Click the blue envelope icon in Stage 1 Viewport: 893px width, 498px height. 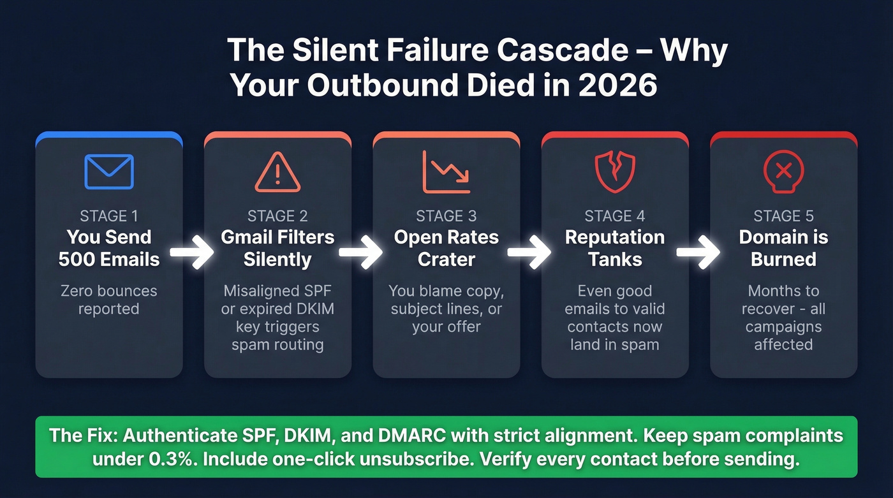[109, 171]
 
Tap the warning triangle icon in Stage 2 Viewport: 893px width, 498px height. [277, 172]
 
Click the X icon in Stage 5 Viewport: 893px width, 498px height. [783, 171]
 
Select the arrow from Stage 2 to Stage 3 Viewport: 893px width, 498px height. [361, 253]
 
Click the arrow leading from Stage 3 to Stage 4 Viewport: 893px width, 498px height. [529, 253]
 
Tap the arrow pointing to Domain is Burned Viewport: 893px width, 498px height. [698, 253]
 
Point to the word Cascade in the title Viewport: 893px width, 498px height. [547, 50]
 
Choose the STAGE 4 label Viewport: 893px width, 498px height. [615, 216]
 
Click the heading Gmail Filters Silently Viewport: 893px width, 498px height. [277, 248]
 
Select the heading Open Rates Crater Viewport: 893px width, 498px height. [446, 248]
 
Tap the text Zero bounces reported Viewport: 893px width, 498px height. [109, 300]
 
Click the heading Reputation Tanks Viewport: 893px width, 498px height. [615, 248]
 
